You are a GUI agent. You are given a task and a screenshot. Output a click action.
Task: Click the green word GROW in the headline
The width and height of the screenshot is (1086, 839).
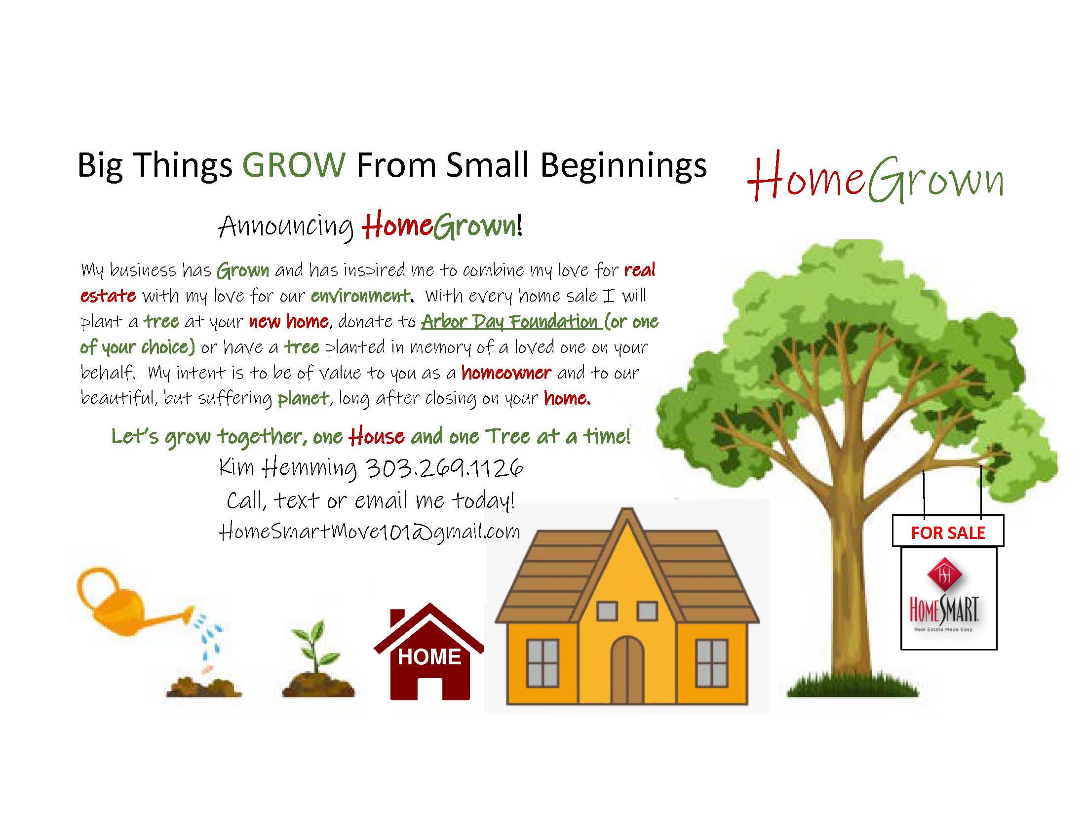[294, 164]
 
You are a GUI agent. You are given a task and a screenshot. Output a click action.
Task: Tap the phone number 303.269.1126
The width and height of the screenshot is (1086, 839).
[444, 467]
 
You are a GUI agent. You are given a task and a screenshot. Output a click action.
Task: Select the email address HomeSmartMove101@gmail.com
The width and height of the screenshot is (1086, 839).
[369, 532]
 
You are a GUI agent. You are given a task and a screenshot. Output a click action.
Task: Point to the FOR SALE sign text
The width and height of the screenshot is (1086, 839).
[948, 533]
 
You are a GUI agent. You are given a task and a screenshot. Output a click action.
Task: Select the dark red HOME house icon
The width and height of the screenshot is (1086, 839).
[428, 651]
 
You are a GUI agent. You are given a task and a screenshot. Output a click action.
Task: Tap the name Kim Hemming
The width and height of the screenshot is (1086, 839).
[288, 468]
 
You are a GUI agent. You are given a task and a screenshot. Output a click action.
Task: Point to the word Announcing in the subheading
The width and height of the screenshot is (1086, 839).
[286, 227]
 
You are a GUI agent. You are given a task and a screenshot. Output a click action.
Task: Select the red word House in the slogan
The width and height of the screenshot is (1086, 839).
[377, 436]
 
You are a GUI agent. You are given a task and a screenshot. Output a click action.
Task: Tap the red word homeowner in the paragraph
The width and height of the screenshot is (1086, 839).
[506, 373]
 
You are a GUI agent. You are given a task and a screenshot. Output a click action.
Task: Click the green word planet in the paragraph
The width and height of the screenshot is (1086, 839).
[303, 399]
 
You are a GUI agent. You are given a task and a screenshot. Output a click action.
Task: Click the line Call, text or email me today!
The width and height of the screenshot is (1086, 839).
[370, 500]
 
